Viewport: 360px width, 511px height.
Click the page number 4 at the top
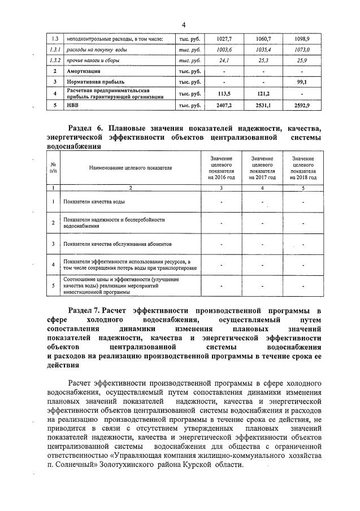[x=184, y=24]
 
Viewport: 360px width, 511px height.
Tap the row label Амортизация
[x=84, y=71]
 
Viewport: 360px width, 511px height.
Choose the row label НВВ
[x=73, y=106]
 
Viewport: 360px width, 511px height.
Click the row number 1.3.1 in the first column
[x=55, y=50]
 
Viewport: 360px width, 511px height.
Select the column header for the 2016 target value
[x=221, y=168]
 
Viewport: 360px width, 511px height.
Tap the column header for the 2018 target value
[x=303, y=168]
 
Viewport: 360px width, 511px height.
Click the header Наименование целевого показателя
[x=130, y=168]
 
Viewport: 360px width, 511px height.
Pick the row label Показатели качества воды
[x=94, y=201]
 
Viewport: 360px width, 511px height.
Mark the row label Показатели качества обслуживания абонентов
[x=114, y=244]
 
